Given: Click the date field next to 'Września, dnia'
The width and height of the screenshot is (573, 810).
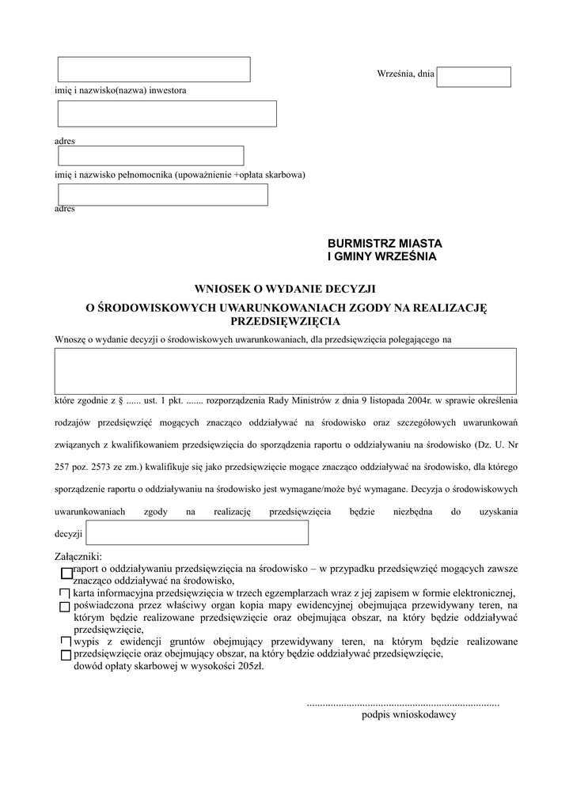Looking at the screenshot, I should point(473,77).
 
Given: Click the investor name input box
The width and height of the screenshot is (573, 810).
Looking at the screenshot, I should point(154,70).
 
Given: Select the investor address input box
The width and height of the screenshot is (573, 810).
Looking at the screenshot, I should point(167,114).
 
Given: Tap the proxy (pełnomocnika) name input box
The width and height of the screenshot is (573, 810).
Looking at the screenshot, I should point(150,156).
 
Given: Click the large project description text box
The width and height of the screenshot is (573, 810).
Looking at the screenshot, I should point(285,371).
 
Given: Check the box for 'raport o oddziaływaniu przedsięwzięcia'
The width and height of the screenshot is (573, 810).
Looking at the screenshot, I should point(66,573).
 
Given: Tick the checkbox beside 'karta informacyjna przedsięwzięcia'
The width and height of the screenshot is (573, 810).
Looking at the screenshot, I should point(64,592).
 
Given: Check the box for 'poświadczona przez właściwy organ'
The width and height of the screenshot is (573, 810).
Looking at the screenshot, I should point(65,606).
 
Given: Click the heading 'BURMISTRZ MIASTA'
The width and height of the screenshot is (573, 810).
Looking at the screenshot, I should point(385,243).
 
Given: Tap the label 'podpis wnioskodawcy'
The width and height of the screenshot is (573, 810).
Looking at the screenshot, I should point(408,714).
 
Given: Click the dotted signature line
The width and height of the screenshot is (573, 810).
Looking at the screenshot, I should point(402,702).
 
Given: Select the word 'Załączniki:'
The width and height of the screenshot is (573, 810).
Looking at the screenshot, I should point(78,557).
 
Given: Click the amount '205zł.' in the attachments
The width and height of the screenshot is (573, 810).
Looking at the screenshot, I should point(251,666).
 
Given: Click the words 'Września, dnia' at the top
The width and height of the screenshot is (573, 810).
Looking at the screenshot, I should point(405,74).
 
